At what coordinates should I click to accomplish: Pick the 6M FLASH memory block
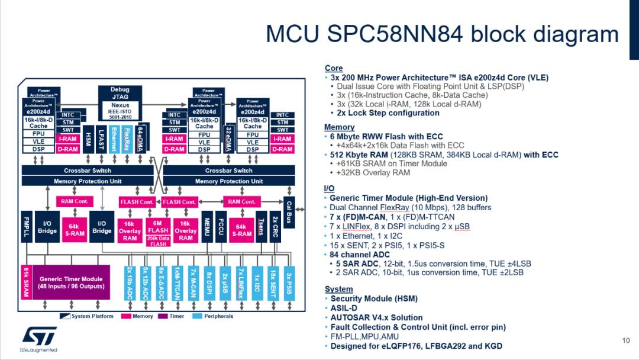[x=158, y=226]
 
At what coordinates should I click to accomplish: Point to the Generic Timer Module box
[x=71, y=282]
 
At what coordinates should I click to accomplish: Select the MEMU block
[x=207, y=227]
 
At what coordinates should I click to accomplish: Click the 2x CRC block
[x=276, y=227]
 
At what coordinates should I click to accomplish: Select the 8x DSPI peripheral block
[x=209, y=282]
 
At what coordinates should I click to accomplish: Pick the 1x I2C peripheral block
[x=256, y=282]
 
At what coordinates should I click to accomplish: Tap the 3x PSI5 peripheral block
[x=288, y=282]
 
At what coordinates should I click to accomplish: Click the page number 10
[x=626, y=340]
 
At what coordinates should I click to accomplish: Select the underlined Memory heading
[x=339, y=127]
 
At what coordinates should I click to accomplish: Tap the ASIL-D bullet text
[x=345, y=308]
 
